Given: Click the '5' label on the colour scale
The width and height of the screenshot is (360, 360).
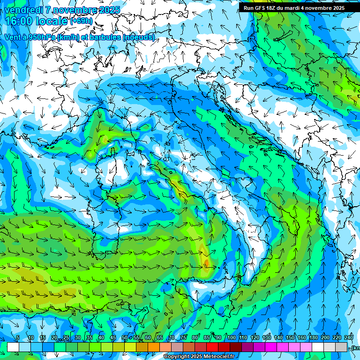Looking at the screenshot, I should [x=18, y=337].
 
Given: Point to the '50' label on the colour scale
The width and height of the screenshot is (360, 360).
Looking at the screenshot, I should [x=124, y=337].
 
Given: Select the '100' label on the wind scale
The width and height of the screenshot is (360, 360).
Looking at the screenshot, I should [x=231, y=337].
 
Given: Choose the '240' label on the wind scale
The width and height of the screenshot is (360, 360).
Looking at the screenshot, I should [x=349, y=337].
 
